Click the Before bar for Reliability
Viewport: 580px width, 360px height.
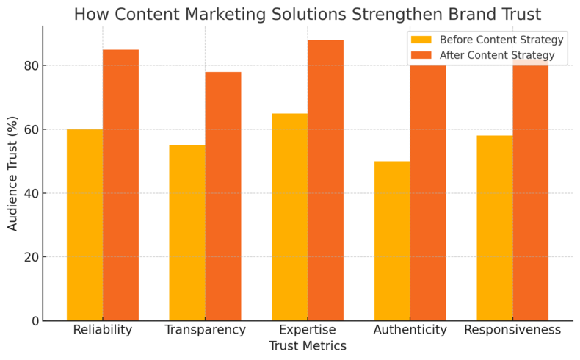point(84,225)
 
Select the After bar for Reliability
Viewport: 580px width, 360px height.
point(120,185)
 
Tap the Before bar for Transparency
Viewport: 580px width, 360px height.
point(187,233)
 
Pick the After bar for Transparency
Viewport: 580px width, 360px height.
point(223,196)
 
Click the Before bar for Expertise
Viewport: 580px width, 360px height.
point(289,217)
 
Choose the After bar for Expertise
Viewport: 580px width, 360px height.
point(325,180)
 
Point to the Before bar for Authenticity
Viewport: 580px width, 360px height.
point(392,241)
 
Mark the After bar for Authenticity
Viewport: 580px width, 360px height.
point(428,192)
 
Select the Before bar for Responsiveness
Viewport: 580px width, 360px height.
point(494,228)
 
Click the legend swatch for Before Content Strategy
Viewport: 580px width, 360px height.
point(421,40)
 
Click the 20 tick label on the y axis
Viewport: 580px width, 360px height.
point(32,257)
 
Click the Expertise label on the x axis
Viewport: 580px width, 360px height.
point(308,330)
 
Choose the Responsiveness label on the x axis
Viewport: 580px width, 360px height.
point(512,330)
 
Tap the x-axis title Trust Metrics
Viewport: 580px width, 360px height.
point(308,345)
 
